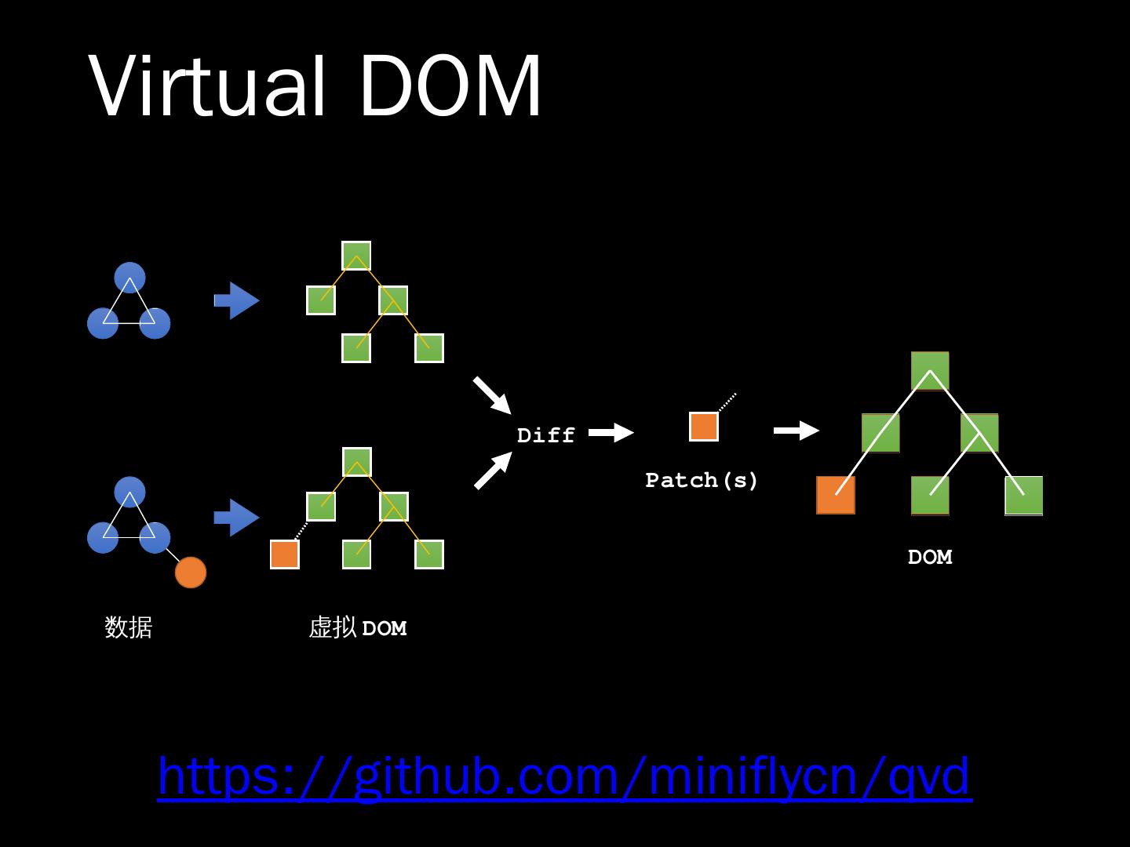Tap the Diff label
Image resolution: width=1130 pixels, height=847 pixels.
click(x=545, y=435)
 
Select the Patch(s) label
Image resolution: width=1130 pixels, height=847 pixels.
click(x=702, y=480)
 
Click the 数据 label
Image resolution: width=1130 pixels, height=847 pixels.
click(x=128, y=627)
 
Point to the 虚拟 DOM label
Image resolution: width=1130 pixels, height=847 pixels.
click(x=358, y=627)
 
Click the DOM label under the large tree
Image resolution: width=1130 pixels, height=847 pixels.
click(x=930, y=557)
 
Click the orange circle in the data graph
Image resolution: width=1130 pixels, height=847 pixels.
click(x=191, y=573)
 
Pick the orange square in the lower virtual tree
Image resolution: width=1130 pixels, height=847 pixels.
click(x=284, y=554)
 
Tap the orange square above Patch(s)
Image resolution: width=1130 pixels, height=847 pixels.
click(x=704, y=427)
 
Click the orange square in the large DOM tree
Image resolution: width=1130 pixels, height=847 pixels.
click(x=836, y=495)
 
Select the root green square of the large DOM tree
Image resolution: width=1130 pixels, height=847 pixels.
click(x=930, y=371)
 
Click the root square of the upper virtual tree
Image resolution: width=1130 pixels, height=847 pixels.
click(x=356, y=256)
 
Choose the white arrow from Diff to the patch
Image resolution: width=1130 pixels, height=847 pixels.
click(x=611, y=432)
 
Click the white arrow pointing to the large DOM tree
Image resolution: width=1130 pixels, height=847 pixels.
click(x=796, y=431)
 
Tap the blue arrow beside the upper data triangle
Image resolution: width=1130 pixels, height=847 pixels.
click(x=236, y=300)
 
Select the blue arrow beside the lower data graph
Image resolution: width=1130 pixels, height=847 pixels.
click(x=236, y=517)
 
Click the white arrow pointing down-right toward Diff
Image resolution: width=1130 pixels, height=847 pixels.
click(x=492, y=395)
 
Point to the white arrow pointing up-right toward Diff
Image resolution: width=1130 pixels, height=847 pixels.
click(x=492, y=471)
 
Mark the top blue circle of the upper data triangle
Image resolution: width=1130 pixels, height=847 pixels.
click(x=129, y=277)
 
